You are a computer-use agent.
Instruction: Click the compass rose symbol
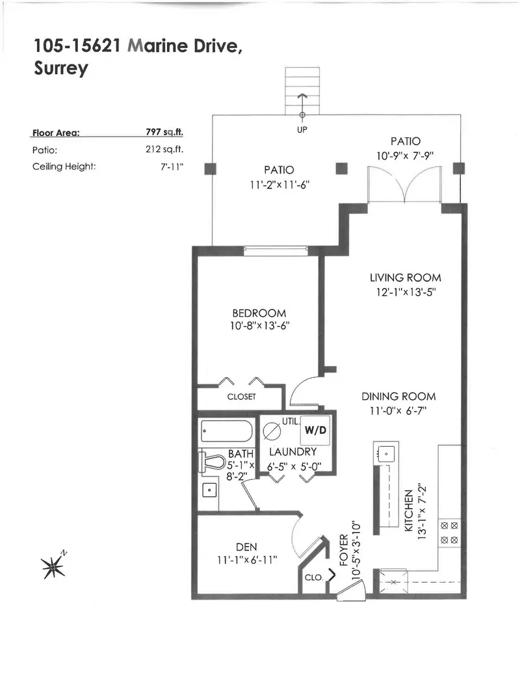(53, 566)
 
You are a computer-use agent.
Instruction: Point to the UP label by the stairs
(302, 129)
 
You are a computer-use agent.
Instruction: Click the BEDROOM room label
(259, 313)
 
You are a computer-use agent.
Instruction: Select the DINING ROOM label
(398, 396)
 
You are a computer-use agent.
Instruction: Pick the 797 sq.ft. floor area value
(164, 132)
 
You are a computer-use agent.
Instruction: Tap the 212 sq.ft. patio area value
(164, 149)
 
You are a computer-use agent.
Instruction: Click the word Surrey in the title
(60, 69)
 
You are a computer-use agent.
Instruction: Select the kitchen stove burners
(449, 531)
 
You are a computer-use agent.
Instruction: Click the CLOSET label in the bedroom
(241, 396)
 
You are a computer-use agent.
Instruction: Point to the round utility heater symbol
(270, 431)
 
